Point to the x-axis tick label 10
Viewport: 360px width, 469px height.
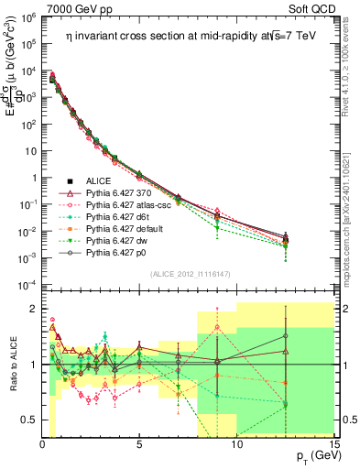click(x=236, y=445)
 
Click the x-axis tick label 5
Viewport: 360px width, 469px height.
click(x=139, y=445)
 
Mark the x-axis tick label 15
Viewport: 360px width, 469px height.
click(x=333, y=445)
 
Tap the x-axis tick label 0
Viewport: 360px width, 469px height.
click(x=43, y=445)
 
